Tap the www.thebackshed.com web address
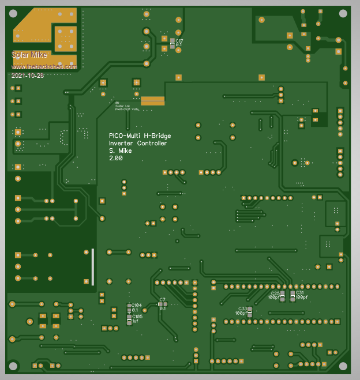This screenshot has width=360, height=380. [44, 67]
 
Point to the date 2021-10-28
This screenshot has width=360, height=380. [27, 76]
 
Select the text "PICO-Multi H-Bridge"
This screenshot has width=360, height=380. [140, 136]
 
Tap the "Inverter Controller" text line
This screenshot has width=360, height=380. [138, 143]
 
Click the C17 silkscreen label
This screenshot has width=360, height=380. [179, 42]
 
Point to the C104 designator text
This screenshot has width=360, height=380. [137, 305]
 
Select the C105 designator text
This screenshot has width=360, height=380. [137, 317]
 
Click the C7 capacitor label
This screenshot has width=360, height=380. [162, 300]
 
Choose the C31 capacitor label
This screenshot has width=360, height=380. [300, 293]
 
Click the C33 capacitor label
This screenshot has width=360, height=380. [242, 308]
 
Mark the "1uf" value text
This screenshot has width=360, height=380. [136, 321]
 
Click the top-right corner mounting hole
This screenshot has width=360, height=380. [343, 13]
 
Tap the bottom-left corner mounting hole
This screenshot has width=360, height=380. [13, 366]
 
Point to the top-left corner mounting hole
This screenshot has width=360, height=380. [13, 13]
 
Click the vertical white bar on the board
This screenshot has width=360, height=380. [92, 266]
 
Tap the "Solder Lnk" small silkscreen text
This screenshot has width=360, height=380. [122, 106]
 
